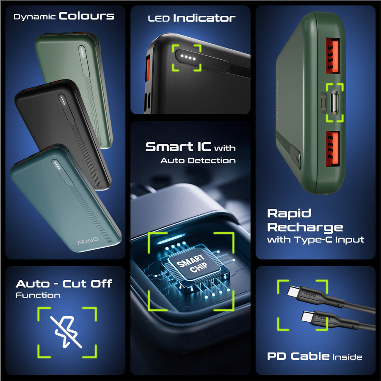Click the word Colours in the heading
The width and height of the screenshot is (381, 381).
86,16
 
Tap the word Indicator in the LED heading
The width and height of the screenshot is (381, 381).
204,18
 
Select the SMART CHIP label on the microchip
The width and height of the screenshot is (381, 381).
192,264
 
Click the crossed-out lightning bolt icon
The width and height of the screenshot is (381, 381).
66,331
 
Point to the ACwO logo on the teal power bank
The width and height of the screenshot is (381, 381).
88,241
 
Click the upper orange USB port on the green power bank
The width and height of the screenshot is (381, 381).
332,55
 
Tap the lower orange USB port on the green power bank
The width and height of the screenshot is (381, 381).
332,149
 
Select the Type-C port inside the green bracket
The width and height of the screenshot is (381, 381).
334,102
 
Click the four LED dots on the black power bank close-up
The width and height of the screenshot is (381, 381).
188,58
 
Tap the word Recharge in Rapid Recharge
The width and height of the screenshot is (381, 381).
305,227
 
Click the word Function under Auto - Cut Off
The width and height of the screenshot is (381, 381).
38,295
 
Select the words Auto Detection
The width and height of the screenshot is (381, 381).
198,160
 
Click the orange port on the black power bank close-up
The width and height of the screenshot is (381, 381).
147,68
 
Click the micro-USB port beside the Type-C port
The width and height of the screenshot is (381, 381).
323,103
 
